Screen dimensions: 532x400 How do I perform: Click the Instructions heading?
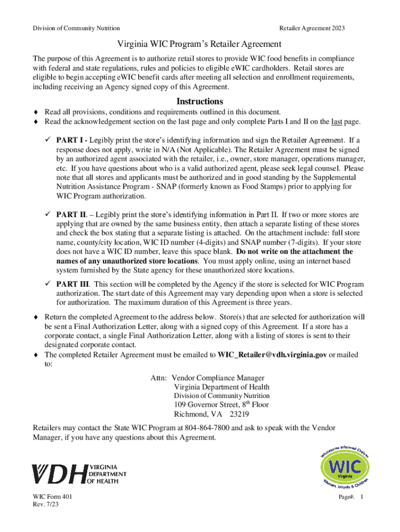coord(200,101)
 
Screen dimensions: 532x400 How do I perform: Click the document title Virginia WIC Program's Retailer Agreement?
coord(199,44)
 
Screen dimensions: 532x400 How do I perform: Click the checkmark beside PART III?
coord(48,284)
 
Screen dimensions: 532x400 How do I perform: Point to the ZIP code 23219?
coord(238,415)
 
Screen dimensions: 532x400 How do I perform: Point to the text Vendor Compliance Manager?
coord(218,378)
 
